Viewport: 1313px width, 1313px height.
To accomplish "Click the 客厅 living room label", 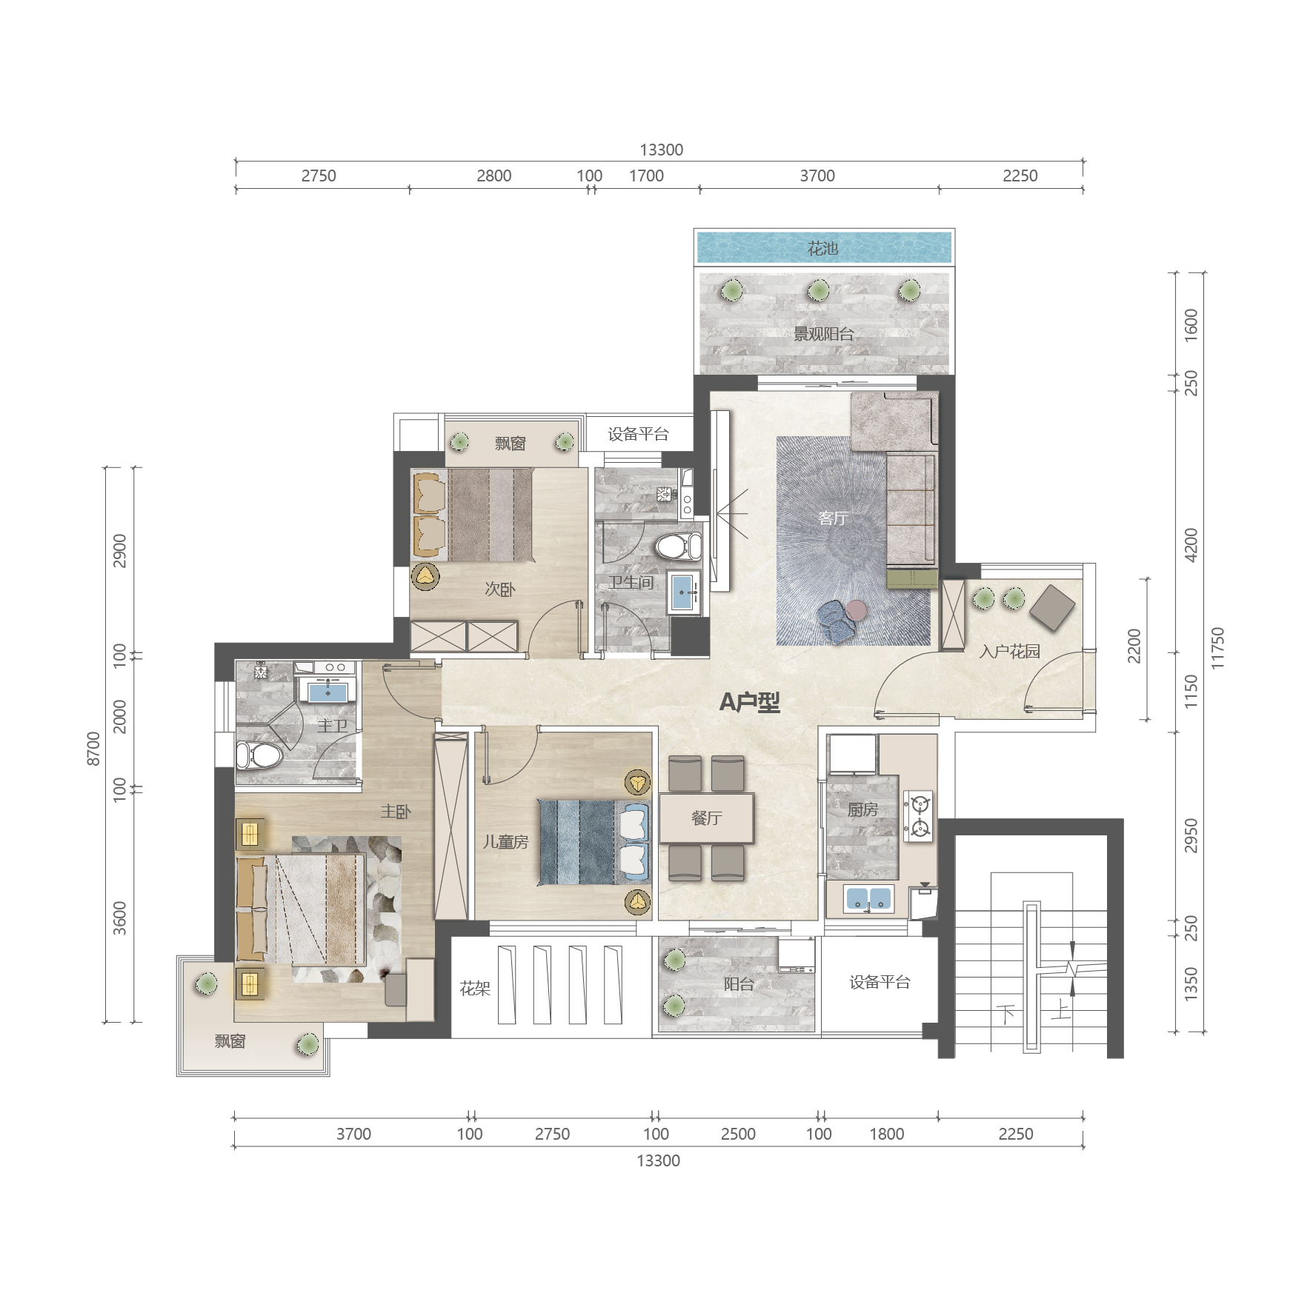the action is point(833,518).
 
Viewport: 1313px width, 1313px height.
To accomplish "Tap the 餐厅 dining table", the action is point(707,818).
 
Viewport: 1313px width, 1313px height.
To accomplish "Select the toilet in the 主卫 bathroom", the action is point(259,756).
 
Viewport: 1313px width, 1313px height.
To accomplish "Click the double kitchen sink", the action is point(869,899).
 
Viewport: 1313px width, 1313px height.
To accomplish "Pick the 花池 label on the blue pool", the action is point(822,248).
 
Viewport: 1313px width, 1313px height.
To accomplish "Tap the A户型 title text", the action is point(750,701).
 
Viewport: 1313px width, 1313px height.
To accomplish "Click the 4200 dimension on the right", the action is point(1191,545).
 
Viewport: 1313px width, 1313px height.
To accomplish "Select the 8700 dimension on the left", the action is point(93,748).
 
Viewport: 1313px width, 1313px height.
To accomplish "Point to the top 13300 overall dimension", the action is point(661,150).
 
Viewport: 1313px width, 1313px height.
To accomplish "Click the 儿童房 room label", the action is point(506,842).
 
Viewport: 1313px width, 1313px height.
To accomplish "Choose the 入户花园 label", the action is point(1010,652).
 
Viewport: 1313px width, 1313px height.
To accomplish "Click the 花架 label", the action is point(475,989).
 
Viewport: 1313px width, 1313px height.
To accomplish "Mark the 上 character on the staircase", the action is point(1060,1009).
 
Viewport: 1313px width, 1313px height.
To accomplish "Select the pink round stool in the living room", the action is point(857,609).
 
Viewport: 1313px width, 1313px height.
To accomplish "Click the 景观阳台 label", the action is point(823,334).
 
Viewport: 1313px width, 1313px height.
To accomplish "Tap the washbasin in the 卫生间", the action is point(682,592).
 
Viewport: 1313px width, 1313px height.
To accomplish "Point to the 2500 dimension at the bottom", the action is point(738,1134).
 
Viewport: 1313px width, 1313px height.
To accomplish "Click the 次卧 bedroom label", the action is point(500,589).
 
